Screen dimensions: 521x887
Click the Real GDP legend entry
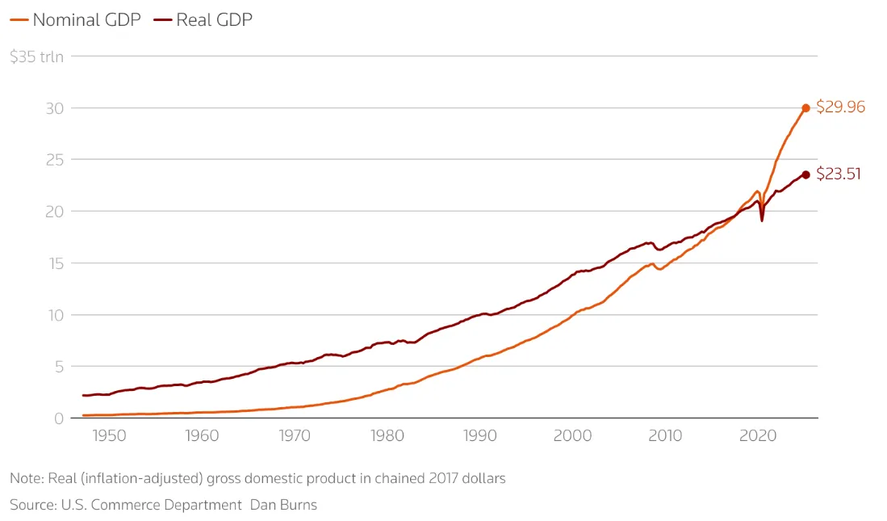205,20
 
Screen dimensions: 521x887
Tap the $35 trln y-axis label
36,57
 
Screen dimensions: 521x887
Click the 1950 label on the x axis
109,436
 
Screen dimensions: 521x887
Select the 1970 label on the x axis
295,436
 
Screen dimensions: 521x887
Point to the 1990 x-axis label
480,436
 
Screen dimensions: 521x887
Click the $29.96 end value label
840,107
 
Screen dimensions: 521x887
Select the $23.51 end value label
839,174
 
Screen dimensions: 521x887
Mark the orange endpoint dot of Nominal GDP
805,108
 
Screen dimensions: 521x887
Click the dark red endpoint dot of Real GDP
805,174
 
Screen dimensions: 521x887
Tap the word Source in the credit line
31,506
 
